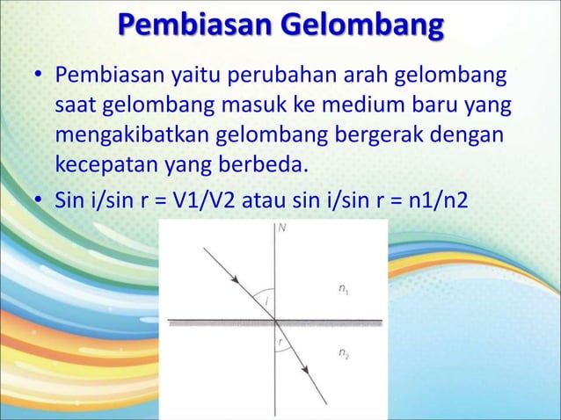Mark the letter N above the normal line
pyautogui.click(x=282, y=227)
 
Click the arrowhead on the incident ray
pyautogui.click(x=236, y=279)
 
